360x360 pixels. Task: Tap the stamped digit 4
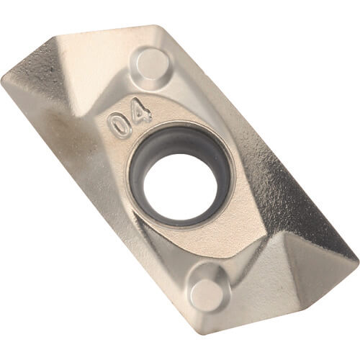142,111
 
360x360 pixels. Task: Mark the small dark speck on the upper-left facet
50,70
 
